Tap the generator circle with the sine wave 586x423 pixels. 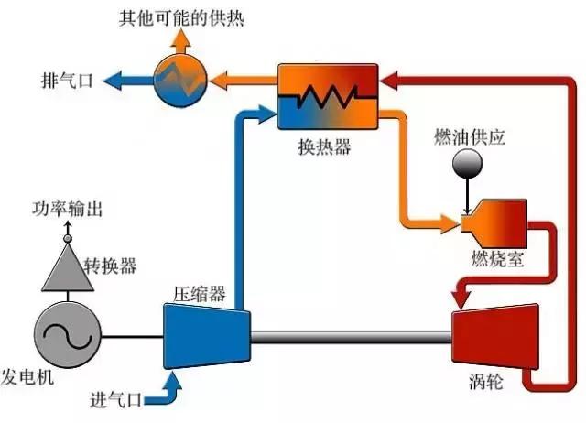tap(67, 335)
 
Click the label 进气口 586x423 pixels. tap(117, 399)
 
